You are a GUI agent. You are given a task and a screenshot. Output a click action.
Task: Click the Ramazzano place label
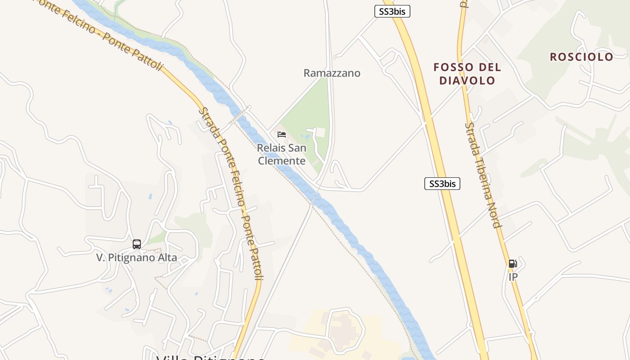(x=332, y=73)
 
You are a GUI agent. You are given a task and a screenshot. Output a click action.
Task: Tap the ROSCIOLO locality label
(x=581, y=57)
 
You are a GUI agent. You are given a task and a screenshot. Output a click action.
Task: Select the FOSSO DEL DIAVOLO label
(x=467, y=74)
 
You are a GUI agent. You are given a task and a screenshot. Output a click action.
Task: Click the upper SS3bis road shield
(x=392, y=12)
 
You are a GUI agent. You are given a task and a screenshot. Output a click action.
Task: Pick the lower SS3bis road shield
(x=442, y=184)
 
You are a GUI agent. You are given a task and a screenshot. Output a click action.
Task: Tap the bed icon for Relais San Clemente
(x=282, y=135)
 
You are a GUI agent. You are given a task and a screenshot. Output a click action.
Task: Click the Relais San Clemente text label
(x=282, y=154)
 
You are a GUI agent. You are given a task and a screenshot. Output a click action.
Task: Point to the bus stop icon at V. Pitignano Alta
(x=137, y=244)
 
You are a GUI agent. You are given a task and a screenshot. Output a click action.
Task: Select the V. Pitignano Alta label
(x=137, y=258)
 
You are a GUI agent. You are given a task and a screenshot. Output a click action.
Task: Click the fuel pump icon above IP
(x=513, y=264)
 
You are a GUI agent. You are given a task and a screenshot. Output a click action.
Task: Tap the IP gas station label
(x=513, y=277)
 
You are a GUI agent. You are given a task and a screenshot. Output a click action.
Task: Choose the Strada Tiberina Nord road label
(x=483, y=175)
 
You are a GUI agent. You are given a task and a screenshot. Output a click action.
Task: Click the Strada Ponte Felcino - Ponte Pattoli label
(x=231, y=193)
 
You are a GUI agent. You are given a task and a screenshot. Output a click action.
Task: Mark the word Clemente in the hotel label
(x=282, y=161)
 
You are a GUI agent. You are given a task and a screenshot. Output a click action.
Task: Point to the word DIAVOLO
(x=467, y=81)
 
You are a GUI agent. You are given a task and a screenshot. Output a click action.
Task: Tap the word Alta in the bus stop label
(x=166, y=258)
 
